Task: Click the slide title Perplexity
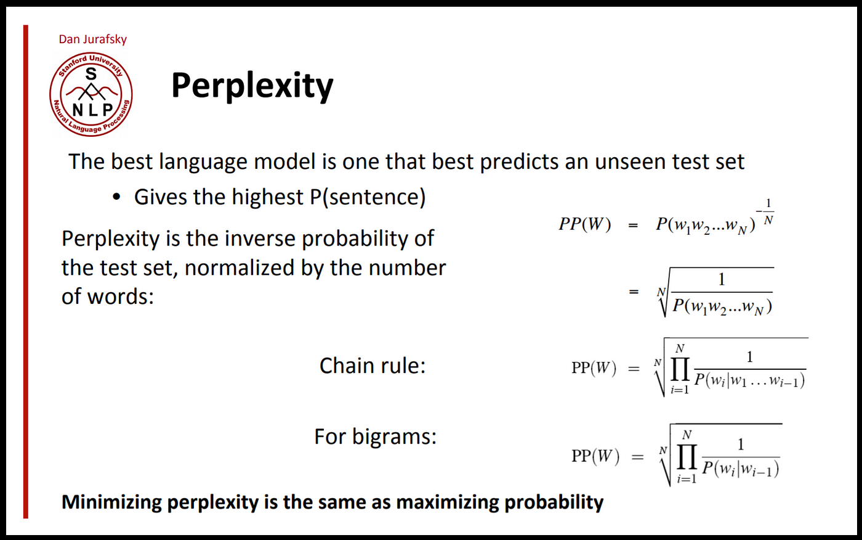[252, 86]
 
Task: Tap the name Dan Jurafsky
[92, 39]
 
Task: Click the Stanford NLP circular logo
[91, 94]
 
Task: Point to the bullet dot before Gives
[116, 198]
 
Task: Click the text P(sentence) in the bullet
[365, 197]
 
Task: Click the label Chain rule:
[373, 366]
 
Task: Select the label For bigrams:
[375, 436]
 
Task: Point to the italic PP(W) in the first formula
[585, 224]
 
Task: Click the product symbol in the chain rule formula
[680, 370]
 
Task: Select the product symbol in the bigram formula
[687, 457]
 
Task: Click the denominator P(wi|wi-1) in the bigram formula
[741, 470]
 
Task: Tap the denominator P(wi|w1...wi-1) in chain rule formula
[749, 380]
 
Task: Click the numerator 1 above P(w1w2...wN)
[722, 280]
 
